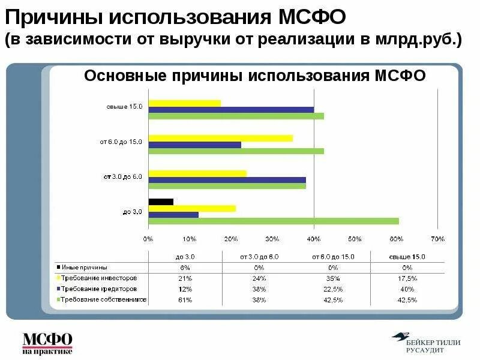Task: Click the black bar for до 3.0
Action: point(161,202)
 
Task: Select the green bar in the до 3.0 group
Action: point(274,221)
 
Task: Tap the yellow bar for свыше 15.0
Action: point(184,103)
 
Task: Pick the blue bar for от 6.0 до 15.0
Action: point(194,145)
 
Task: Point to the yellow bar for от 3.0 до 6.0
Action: point(197,173)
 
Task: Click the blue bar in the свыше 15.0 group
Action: point(231,110)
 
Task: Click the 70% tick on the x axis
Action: point(437,239)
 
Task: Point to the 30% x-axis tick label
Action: point(272,239)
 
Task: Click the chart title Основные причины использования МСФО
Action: point(254,76)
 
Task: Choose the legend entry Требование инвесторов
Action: point(98,278)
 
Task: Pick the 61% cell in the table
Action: point(185,299)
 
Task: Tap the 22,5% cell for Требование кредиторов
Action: point(333,289)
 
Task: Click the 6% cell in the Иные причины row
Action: point(185,268)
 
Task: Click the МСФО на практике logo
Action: point(47,342)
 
